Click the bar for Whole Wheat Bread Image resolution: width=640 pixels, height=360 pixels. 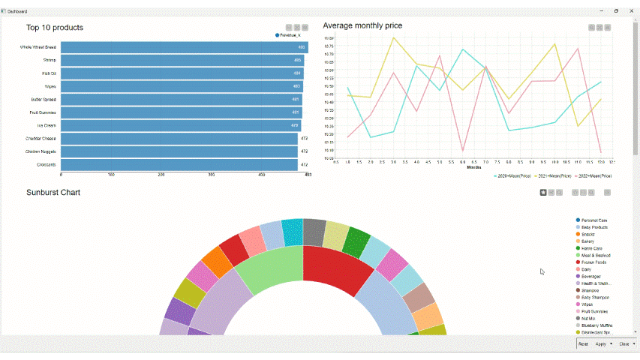click(180, 47)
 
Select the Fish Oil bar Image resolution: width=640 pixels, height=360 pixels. click(180, 73)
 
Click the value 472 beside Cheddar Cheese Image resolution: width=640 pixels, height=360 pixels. click(304, 138)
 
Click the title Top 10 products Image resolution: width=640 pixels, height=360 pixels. click(55, 28)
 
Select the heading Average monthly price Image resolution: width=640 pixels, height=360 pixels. click(362, 25)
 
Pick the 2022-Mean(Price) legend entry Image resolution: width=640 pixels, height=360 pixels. click(593, 175)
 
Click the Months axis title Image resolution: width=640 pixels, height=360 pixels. click(473, 167)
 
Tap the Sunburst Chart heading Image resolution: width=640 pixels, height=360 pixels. click(53, 193)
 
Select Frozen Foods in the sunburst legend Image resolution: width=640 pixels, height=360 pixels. click(594, 262)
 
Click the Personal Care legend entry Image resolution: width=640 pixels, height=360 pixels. click(594, 220)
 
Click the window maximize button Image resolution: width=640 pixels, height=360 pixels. click(616, 11)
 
